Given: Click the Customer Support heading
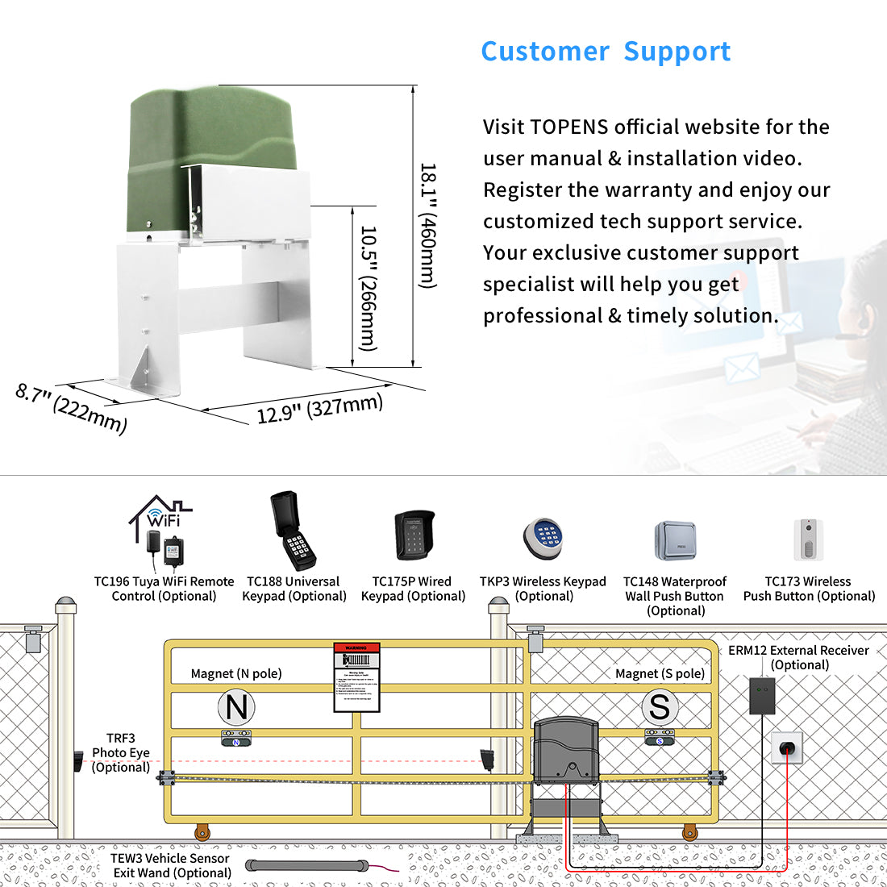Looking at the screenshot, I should coord(606,52).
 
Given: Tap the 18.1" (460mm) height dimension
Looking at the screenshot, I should coord(427,226).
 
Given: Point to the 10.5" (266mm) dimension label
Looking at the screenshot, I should coord(368,288).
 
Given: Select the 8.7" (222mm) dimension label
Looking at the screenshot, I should coord(71,408).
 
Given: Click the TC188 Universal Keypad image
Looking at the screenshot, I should coord(293,531).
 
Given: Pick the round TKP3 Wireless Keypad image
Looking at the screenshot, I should coord(542,538).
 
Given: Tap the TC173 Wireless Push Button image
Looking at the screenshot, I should coord(808,540).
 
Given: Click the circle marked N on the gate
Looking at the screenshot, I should coord(236,707).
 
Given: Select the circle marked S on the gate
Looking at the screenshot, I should coord(660,707).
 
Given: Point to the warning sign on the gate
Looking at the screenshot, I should coord(356,677).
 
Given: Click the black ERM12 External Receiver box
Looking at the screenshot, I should coord(762,695).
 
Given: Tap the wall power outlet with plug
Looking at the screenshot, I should coord(787,747).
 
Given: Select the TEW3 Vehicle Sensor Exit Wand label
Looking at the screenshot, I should coord(171,865).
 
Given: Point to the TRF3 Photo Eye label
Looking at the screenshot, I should coord(121,752).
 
